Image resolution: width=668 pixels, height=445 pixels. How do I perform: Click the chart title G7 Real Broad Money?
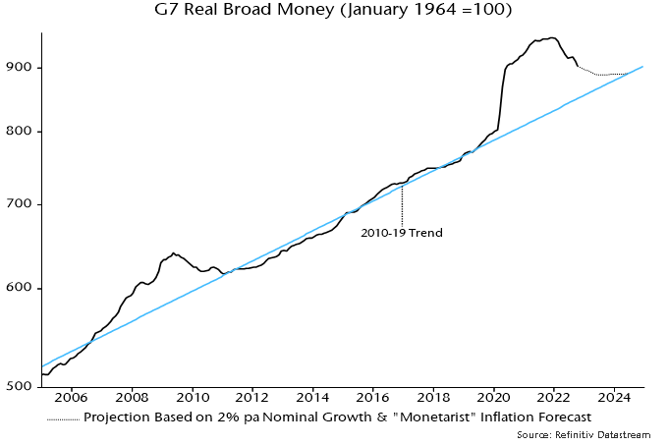pos(333,13)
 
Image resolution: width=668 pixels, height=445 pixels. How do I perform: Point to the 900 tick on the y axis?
pos(22,67)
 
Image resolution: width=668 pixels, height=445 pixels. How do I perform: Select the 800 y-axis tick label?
pos(22,132)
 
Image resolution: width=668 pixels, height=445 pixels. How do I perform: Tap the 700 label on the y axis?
pos(22,204)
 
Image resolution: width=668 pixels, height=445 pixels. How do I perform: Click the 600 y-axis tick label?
pos(22,288)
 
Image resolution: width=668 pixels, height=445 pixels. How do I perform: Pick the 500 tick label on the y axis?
pos(22,386)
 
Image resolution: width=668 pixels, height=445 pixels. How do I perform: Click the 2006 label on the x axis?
pos(72,400)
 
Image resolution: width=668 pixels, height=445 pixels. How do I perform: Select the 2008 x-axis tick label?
pos(132,400)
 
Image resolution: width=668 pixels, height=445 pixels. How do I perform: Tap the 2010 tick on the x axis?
pos(192,400)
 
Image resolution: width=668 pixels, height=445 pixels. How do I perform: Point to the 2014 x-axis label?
pos(312,400)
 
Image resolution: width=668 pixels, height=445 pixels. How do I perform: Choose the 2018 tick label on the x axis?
pos(433,400)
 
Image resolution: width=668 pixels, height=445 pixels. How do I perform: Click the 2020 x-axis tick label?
pos(493,400)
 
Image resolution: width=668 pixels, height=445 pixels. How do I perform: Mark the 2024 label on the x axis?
pos(614,400)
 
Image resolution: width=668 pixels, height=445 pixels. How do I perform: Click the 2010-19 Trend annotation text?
pos(403,233)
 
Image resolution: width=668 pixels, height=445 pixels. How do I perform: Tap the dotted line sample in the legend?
pos(63,417)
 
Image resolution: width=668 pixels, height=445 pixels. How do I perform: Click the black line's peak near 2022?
pos(552,38)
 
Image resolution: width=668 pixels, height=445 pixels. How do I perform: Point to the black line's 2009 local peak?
pos(174,252)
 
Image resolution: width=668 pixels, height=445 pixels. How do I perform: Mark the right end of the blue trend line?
pos(642,67)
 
